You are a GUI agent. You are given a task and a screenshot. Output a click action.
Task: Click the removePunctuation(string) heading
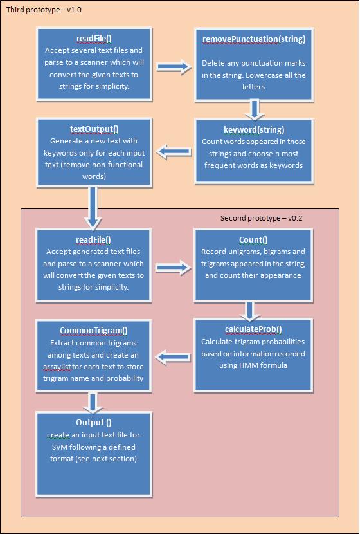[254, 39]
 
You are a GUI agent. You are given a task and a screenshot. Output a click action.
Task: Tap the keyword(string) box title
[254, 130]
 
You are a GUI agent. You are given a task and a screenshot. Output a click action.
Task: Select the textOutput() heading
[94, 129]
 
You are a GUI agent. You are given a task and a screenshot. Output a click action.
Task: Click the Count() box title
[253, 240]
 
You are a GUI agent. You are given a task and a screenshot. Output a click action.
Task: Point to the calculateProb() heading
[253, 329]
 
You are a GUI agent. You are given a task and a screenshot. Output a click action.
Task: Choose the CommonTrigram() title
[94, 331]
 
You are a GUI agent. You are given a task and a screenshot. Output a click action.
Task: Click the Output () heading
[94, 423]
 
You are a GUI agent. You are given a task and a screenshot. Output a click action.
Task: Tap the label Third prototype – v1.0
[44, 10]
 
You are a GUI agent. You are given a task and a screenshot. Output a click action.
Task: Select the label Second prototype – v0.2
[262, 218]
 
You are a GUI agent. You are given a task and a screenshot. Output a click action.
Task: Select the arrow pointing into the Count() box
[174, 268]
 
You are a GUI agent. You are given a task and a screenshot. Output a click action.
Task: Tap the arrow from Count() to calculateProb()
[252, 311]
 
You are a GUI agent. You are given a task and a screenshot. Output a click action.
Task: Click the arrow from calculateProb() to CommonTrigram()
[174, 356]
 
